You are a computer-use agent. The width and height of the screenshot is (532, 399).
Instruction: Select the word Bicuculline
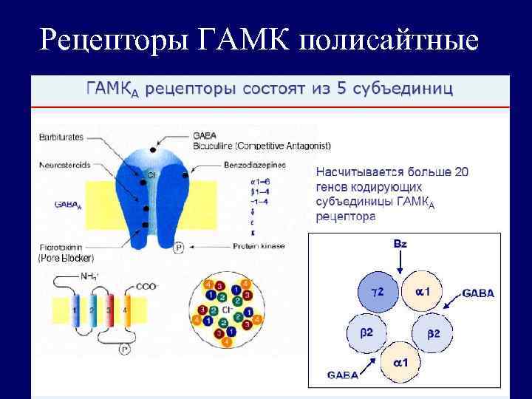pyautogui.click(x=211, y=146)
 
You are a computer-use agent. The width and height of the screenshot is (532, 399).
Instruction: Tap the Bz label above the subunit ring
pyautogui.click(x=399, y=242)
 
